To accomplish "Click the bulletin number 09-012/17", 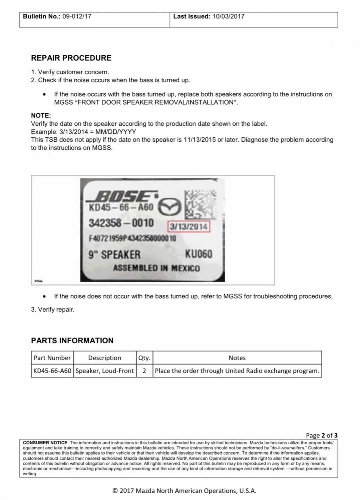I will click(x=77, y=16).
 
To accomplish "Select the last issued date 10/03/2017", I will click(x=228, y=16).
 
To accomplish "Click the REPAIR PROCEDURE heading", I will click(x=71, y=58).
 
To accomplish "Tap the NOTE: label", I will click(x=41, y=116).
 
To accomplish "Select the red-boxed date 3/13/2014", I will click(x=189, y=227).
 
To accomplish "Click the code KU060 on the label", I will click(x=199, y=254).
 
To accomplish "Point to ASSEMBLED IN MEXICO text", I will click(x=156, y=268).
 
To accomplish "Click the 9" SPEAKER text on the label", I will click(x=114, y=255).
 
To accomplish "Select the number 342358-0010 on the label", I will click(x=121, y=223).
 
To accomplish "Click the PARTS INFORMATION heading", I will click(x=72, y=340).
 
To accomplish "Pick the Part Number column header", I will click(x=52, y=358).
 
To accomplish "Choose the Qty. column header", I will click(x=144, y=358).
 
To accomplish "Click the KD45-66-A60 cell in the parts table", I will click(x=52, y=371).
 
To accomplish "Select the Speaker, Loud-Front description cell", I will click(x=105, y=371).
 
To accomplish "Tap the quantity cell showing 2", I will click(x=144, y=371).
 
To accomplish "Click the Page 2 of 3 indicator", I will click(x=321, y=435).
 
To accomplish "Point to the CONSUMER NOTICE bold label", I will click(x=45, y=443).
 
